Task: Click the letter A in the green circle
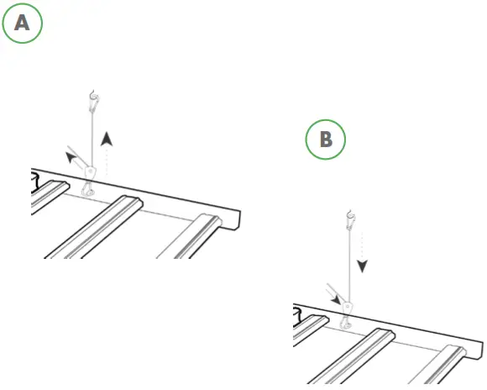coord(23,24)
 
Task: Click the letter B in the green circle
coord(327,140)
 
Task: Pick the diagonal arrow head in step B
coord(338,298)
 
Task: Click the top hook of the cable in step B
coord(350,223)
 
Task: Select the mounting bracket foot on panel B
coord(345,324)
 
